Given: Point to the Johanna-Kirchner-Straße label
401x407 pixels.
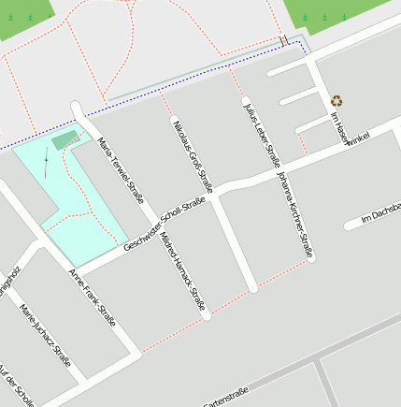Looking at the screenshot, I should [294, 214].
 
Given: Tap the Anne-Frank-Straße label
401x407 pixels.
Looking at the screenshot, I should [93, 297].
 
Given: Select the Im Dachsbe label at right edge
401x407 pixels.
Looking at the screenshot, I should [380, 212].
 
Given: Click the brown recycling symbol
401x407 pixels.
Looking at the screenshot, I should [337, 99].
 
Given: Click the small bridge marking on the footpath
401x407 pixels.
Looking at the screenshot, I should [283, 40].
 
